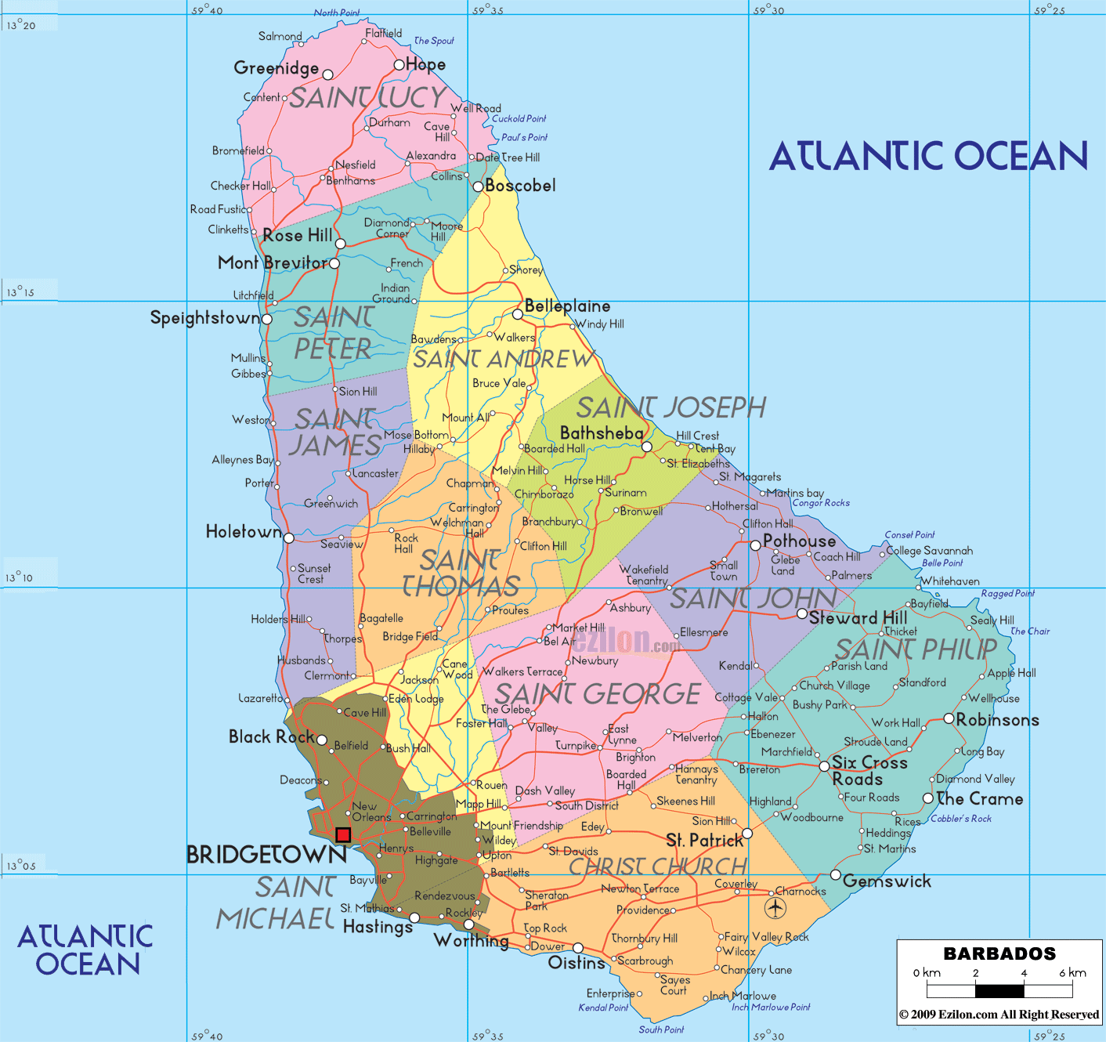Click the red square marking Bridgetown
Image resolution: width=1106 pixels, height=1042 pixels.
[x=343, y=835]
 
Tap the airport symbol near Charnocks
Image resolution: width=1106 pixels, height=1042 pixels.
[x=775, y=908]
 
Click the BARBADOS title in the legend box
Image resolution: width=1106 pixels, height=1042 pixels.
[x=999, y=953]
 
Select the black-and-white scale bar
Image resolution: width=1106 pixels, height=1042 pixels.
[x=999, y=990]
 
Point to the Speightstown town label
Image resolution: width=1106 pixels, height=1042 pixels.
[x=204, y=318]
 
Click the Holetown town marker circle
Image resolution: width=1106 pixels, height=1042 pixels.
[x=289, y=538]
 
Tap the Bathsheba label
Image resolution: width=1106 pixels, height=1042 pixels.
[x=602, y=432]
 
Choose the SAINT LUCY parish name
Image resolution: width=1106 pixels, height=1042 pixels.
[x=368, y=98]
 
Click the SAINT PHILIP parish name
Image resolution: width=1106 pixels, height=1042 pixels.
[x=916, y=649]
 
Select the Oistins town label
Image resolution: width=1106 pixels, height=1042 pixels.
[x=576, y=963]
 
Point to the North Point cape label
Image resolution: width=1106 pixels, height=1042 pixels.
[x=337, y=13]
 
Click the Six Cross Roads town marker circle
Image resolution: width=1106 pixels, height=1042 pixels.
[x=824, y=766]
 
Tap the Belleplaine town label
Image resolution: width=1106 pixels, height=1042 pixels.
[x=567, y=306]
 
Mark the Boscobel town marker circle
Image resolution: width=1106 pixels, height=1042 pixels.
[x=478, y=186]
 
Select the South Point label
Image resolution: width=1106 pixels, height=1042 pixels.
[x=661, y=1029]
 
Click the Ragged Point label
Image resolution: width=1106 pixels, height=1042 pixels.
[x=1007, y=593]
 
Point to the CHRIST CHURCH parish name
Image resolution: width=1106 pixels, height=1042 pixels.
[x=658, y=867]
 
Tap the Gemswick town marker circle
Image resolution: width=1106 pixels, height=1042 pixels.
[x=836, y=875]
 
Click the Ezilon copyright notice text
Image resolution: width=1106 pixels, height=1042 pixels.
[x=999, y=1015]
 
